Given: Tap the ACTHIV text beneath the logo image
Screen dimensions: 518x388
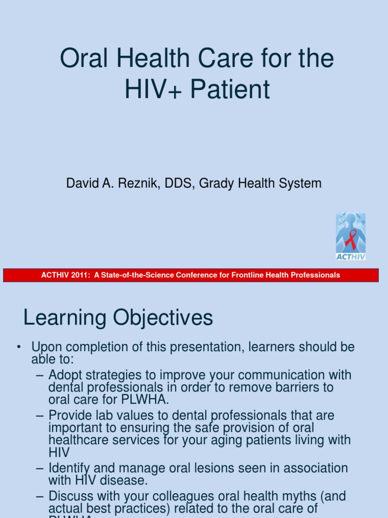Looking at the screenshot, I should coord(351,256).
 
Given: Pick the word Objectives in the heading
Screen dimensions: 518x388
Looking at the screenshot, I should coord(162,318).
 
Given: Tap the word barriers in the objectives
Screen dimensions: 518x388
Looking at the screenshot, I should coord(295,387).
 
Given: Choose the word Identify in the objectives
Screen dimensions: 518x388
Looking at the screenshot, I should coord(69,468).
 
